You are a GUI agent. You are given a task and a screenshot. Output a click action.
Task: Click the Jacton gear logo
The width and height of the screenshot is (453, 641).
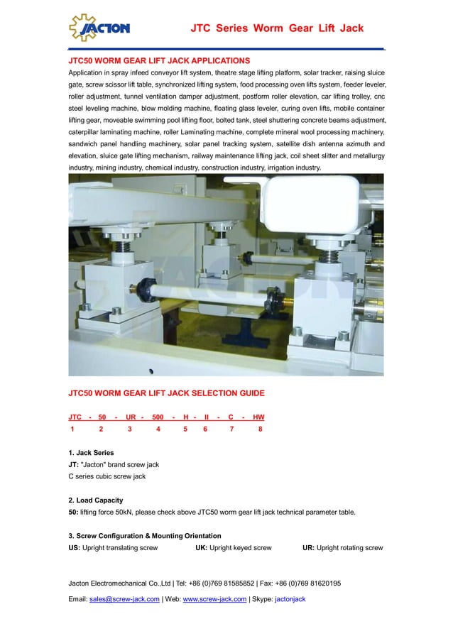[x=99, y=28]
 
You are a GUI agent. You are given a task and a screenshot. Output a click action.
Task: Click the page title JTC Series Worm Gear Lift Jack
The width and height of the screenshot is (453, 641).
[x=277, y=28]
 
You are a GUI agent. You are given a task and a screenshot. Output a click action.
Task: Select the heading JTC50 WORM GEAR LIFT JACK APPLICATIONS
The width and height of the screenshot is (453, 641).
[x=159, y=61]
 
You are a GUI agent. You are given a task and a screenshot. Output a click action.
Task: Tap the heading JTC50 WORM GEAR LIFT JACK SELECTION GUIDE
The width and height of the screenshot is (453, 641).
[x=166, y=393]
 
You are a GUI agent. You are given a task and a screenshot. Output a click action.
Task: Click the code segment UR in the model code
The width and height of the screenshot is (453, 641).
[x=131, y=417]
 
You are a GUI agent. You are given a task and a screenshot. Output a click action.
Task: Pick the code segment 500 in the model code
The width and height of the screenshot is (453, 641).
[x=158, y=417]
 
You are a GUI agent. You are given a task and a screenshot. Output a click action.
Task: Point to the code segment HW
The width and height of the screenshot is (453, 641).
[x=258, y=417]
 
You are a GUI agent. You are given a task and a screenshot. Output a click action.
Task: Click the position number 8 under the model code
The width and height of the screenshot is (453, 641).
[x=261, y=429]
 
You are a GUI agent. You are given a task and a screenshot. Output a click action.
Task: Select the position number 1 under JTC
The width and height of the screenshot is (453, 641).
[x=72, y=429]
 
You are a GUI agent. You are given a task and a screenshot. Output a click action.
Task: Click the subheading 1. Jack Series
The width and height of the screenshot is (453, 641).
[x=91, y=452]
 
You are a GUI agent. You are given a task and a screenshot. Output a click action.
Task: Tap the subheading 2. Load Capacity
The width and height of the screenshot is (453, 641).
[x=96, y=500]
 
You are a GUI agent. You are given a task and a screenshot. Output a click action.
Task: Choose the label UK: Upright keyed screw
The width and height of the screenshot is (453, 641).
[x=233, y=548]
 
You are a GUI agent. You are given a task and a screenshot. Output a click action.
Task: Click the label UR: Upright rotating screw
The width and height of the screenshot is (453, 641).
[x=342, y=548]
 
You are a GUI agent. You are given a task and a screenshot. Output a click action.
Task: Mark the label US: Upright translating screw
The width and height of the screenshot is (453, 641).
[x=113, y=548]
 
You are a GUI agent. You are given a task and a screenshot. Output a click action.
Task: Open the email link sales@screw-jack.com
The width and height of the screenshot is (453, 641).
[x=124, y=599]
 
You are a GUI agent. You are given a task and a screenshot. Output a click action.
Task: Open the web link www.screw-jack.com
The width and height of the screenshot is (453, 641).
[x=214, y=599]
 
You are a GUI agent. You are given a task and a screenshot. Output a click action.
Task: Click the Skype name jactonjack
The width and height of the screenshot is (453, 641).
[x=290, y=599]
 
